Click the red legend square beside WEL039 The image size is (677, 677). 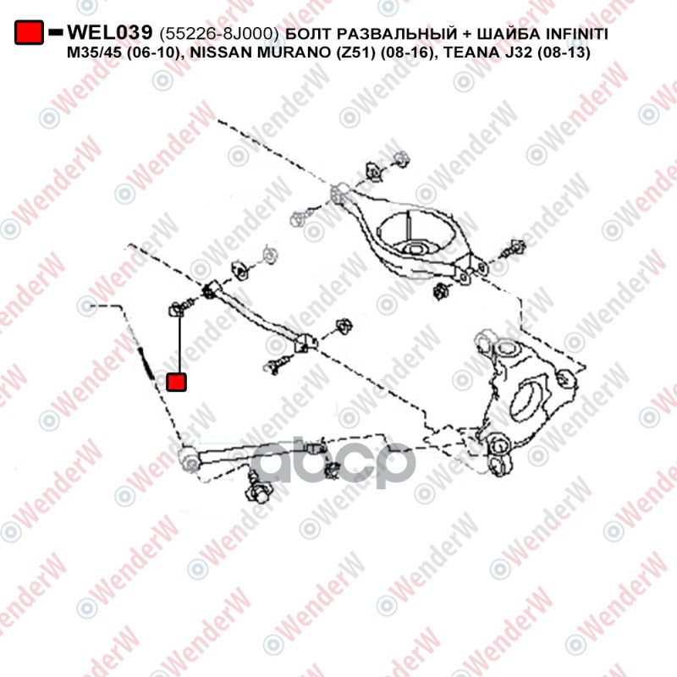point(29,32)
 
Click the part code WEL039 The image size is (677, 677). point(110,32)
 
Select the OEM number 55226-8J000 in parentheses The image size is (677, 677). point(219,33)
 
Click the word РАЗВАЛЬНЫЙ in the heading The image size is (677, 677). point(396,33)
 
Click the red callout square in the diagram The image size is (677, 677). point(176,383)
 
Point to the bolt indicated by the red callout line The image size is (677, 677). point(181,307)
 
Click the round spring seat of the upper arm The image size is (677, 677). point(416,235)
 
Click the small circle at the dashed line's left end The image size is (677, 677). point(87,305)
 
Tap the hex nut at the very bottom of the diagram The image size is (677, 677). point(258,492)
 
